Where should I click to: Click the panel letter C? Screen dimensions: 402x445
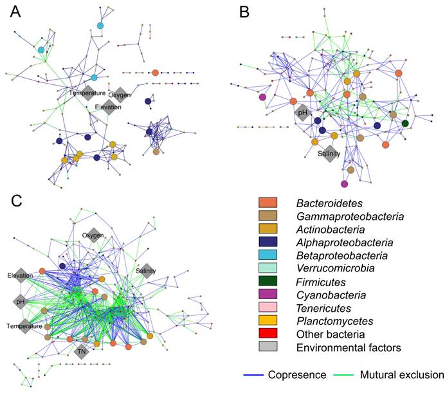pyautogui.click(x=18, y=201)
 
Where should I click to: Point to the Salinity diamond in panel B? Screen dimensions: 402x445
pyautogui.click(x=329, y=154)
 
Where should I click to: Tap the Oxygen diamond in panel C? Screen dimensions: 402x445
pyautogui.click(x=93, y=235)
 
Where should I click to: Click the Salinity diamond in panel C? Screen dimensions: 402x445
pyautogui.click(x=146, y=271)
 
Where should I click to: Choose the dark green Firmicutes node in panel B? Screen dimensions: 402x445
pyautogui.click(x=405, y=123)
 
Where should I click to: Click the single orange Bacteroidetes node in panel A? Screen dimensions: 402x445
pyautogui.click(x=154, y=73)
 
